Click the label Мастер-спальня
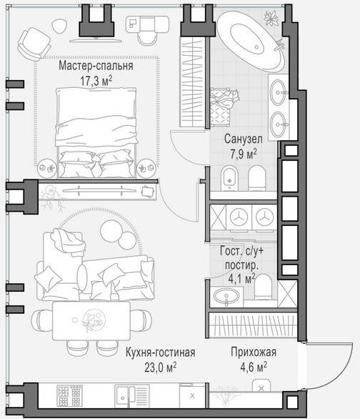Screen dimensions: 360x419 (96, 66)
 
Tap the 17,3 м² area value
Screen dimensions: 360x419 (96, 81)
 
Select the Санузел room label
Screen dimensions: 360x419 (243, 139)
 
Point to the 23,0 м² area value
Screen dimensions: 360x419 (161, 368)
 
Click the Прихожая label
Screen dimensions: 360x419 (254, 353)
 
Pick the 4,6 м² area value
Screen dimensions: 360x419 (254, 367)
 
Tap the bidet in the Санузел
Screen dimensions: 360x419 (229, 178)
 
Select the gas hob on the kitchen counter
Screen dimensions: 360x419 (70, 396)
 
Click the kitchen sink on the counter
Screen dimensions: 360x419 (132, 396)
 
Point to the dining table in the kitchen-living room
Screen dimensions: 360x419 (91, 320)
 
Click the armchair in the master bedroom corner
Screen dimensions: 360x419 (34, 44)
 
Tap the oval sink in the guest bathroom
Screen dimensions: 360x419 (226, 297)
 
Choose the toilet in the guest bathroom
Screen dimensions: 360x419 (263, 287)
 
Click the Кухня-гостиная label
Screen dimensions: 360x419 (161, 353)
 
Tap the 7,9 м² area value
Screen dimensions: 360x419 (243, 154)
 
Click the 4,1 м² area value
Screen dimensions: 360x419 (241, 278)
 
